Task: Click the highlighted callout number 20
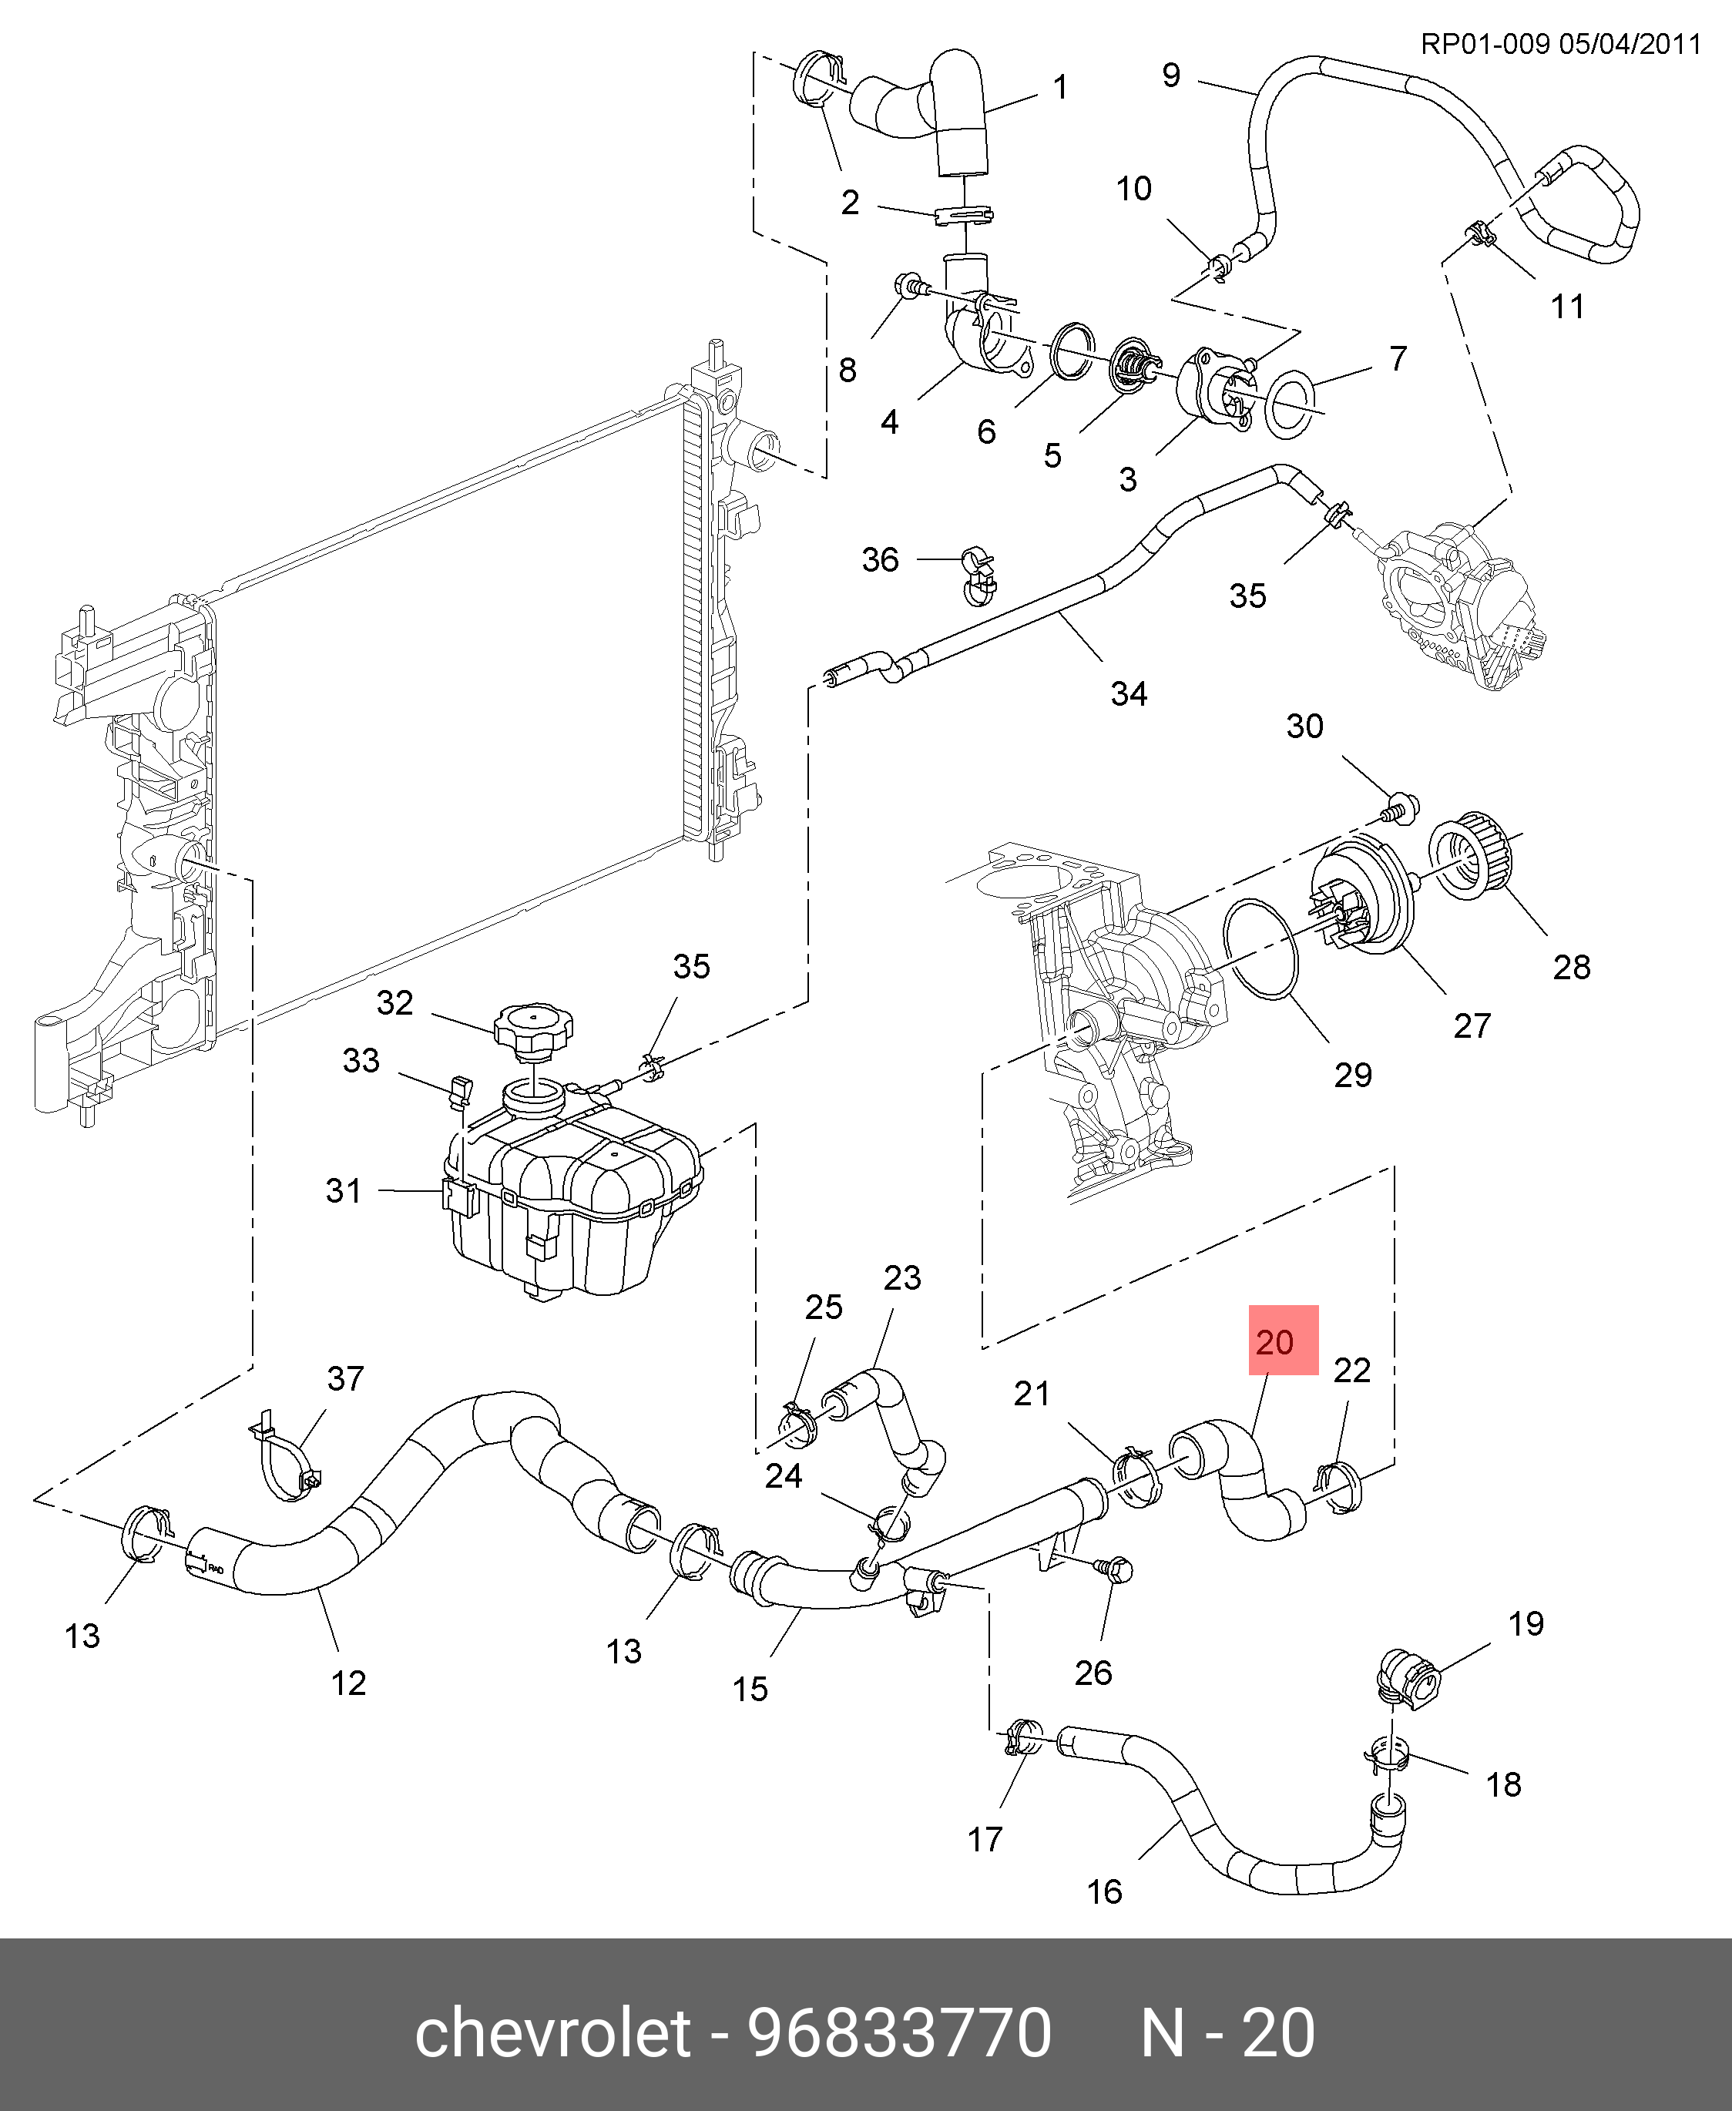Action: coord(1274,1343)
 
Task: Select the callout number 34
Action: coord(1129,693)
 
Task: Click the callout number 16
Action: coord(1104,1891)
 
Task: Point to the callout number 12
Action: coord(348,1683)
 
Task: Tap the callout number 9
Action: coord(1171,75)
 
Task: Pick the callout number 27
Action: coord(1472,1025)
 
